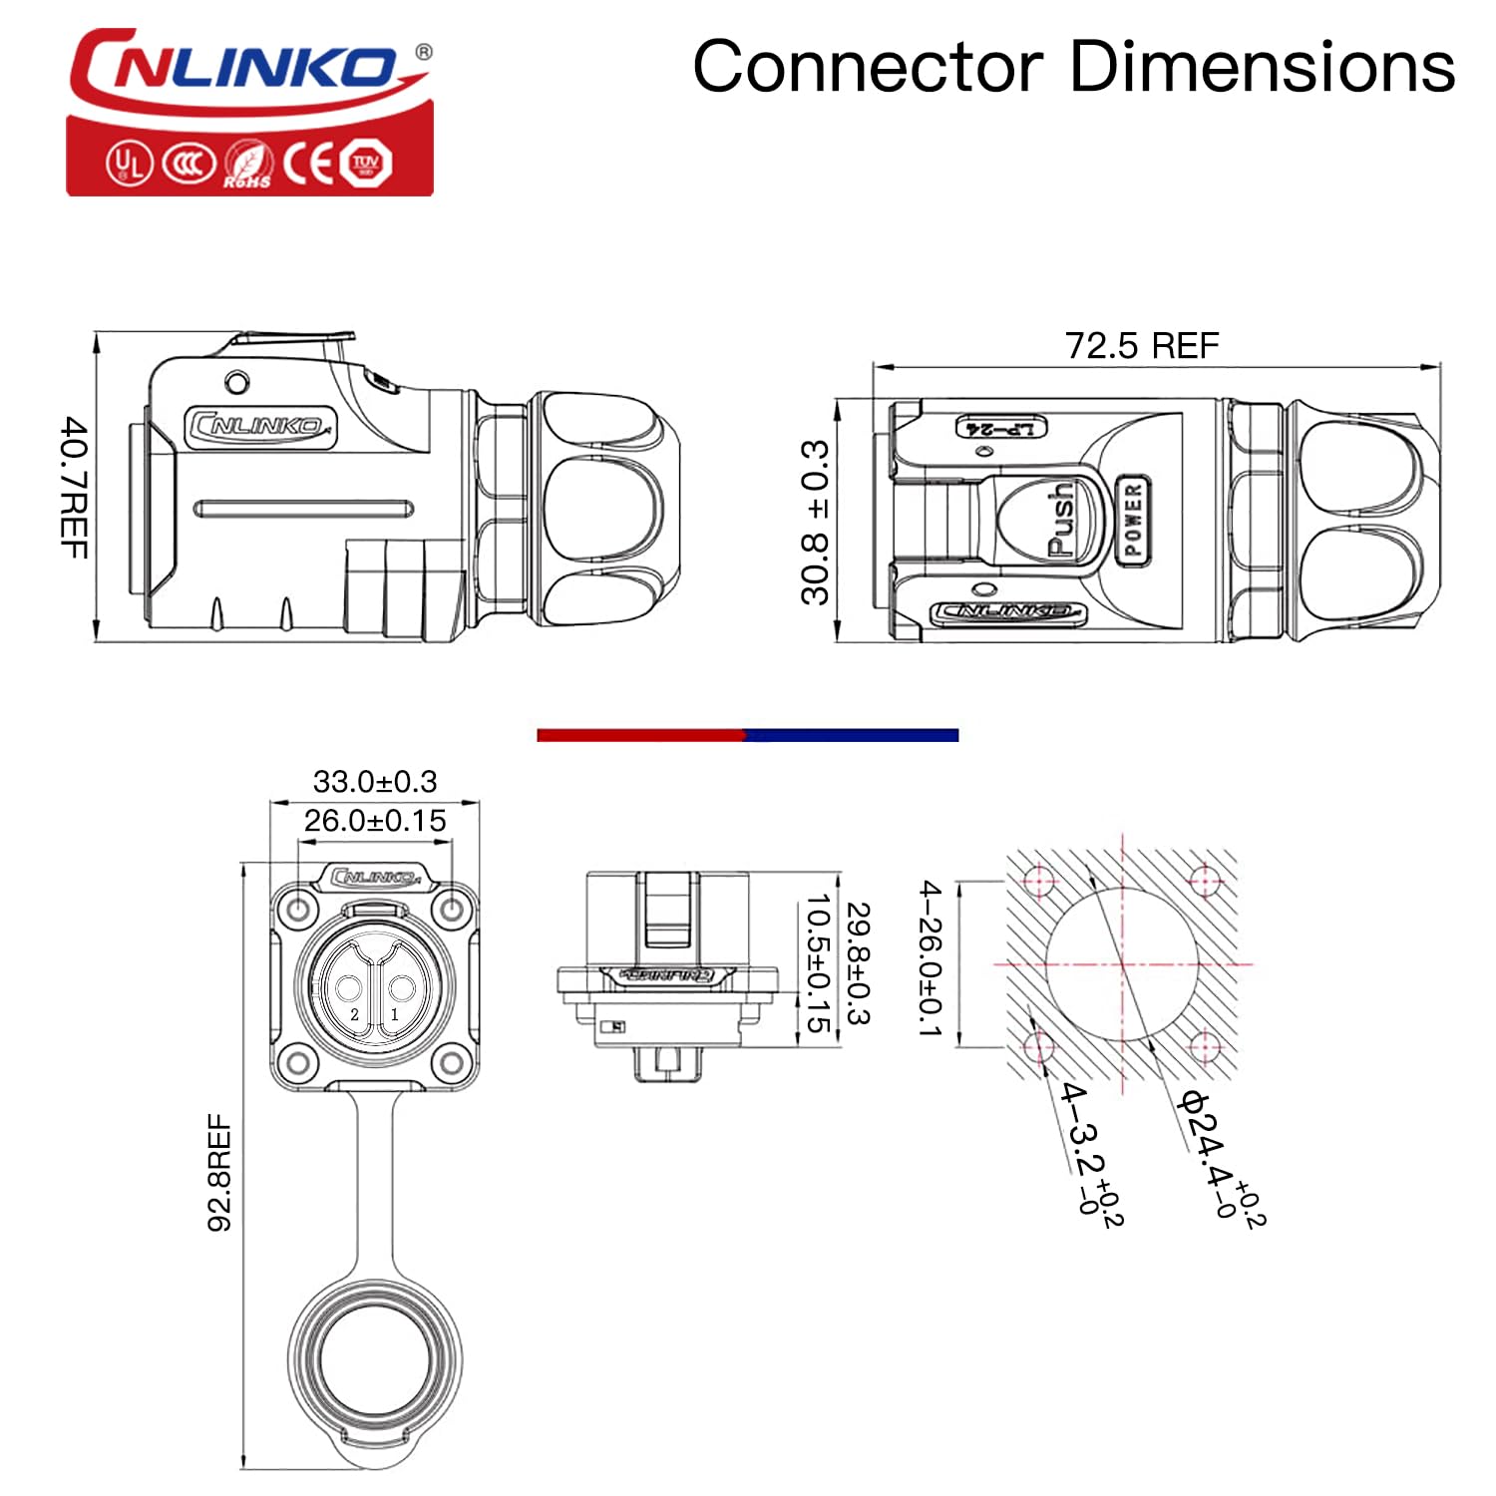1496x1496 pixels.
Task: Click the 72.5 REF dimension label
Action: (x=1142, y=346)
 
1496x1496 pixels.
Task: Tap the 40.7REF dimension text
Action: (x=75, y=488)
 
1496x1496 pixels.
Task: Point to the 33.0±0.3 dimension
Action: (x=375, y=781)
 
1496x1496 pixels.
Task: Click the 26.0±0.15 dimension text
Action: (x=375, y=821)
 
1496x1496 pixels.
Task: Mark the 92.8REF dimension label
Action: (x=219, y=1173)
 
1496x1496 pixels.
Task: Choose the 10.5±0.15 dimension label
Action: (x=818, y=963)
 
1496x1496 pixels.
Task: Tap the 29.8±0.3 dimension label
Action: (x=858, y=963)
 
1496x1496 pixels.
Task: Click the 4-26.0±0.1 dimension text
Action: (x=930, y=958)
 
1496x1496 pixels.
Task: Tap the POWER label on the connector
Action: (x=1132, y=520)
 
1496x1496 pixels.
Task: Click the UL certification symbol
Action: (x=130, y=163)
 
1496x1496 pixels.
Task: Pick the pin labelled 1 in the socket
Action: (x=401, y=990)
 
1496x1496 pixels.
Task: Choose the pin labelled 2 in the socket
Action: (x=348, y=990)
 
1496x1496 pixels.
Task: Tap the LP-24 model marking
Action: (x=1001, y=428)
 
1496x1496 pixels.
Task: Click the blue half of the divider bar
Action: (x=853, y=735)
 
